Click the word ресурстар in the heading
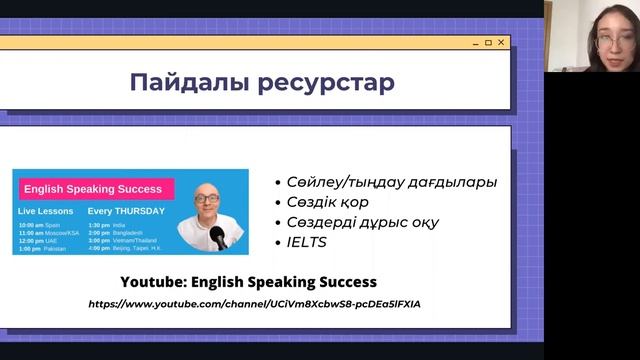pyautogui.click(x=321, y=82)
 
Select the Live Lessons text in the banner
pyautogui.click(x=44, y=212)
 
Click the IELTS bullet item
pyautogui.click(x=306, y=242)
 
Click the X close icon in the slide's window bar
pyautogui.click(x=502, y=42)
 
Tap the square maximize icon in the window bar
pyautogui.click(x=488, y=42)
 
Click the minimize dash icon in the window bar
pyautogui.click(x=474, y=43)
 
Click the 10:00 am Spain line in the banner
pyautogui.click(x=41, y=225)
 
